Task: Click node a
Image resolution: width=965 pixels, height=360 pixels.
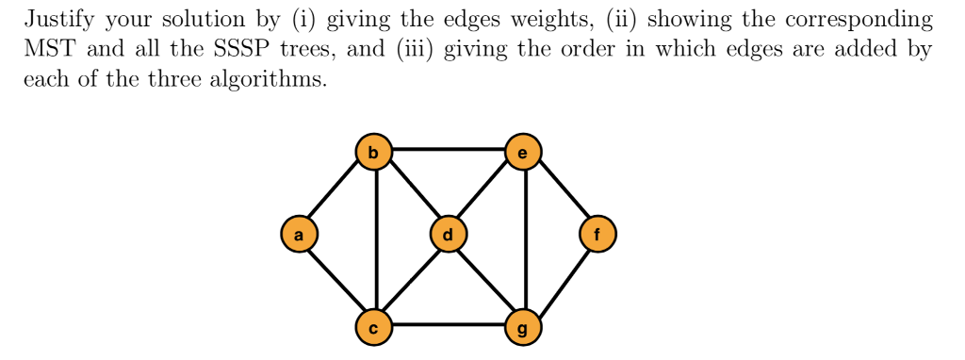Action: (299, 234)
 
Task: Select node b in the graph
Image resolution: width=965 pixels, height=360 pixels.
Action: (373, 151)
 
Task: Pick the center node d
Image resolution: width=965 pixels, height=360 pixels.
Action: (448, 234)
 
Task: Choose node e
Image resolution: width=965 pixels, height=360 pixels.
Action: (524, 151)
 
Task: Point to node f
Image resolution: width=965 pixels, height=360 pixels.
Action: (597, 234)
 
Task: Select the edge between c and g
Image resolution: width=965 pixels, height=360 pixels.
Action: (449, 326)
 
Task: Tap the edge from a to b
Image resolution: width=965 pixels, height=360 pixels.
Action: (335, 192)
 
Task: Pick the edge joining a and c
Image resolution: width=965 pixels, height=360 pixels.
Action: (335, 280)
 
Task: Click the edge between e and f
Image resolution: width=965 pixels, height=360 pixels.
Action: (561, 192)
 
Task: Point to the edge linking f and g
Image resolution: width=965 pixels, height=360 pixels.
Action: (561, 280)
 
